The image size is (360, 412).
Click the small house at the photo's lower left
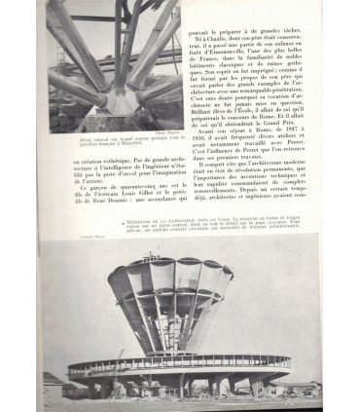[x=54, y=385]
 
